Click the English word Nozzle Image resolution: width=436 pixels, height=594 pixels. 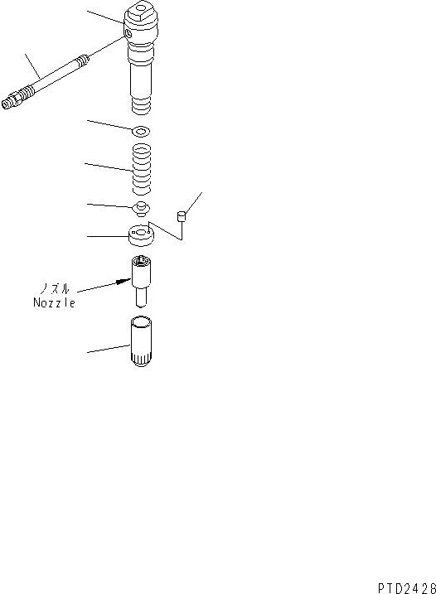click(55, 302)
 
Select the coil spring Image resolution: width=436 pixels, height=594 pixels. click(140, 168)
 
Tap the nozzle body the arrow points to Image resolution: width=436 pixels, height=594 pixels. click(141, 271)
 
